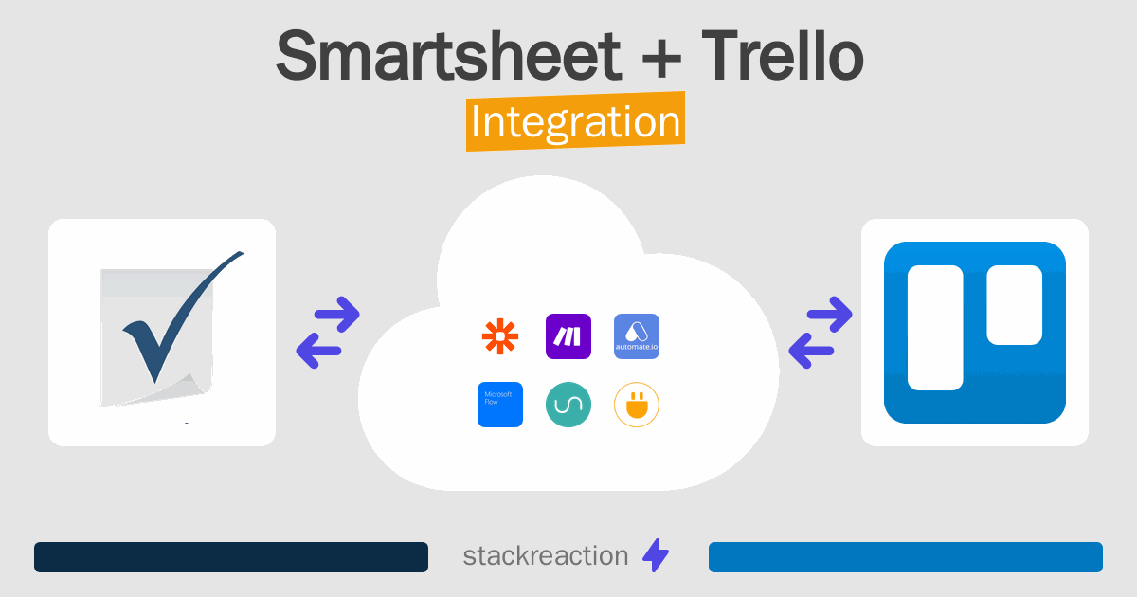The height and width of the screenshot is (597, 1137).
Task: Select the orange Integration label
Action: click(575, 123)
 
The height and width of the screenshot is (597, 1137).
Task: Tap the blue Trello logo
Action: click(975, 332)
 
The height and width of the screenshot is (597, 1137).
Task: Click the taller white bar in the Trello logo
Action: click(935, 328)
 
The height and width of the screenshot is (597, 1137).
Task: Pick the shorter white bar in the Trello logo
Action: click(1014, 304)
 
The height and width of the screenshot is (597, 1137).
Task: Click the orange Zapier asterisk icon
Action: click(500, 336)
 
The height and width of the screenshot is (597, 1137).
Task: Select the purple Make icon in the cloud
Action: click(568, 336)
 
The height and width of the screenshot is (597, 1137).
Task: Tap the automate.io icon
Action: click(637, 336)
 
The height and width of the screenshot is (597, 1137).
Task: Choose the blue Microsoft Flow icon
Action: click(500, 405)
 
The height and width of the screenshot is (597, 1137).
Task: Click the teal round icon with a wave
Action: click(568, 405)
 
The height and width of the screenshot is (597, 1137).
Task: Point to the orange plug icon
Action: click(637, 405)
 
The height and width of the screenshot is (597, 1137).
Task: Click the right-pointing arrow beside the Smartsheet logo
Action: click(337, 315)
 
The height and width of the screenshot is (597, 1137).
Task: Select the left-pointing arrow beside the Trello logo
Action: click(811, 352)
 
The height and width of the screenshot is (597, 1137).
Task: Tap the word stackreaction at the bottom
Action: click(545, 556)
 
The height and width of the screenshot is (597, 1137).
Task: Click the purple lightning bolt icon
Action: click(656, 556)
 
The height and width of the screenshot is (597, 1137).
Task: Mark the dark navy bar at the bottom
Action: click(231, 557)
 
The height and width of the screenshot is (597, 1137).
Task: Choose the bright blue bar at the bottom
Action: click(906, 557)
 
